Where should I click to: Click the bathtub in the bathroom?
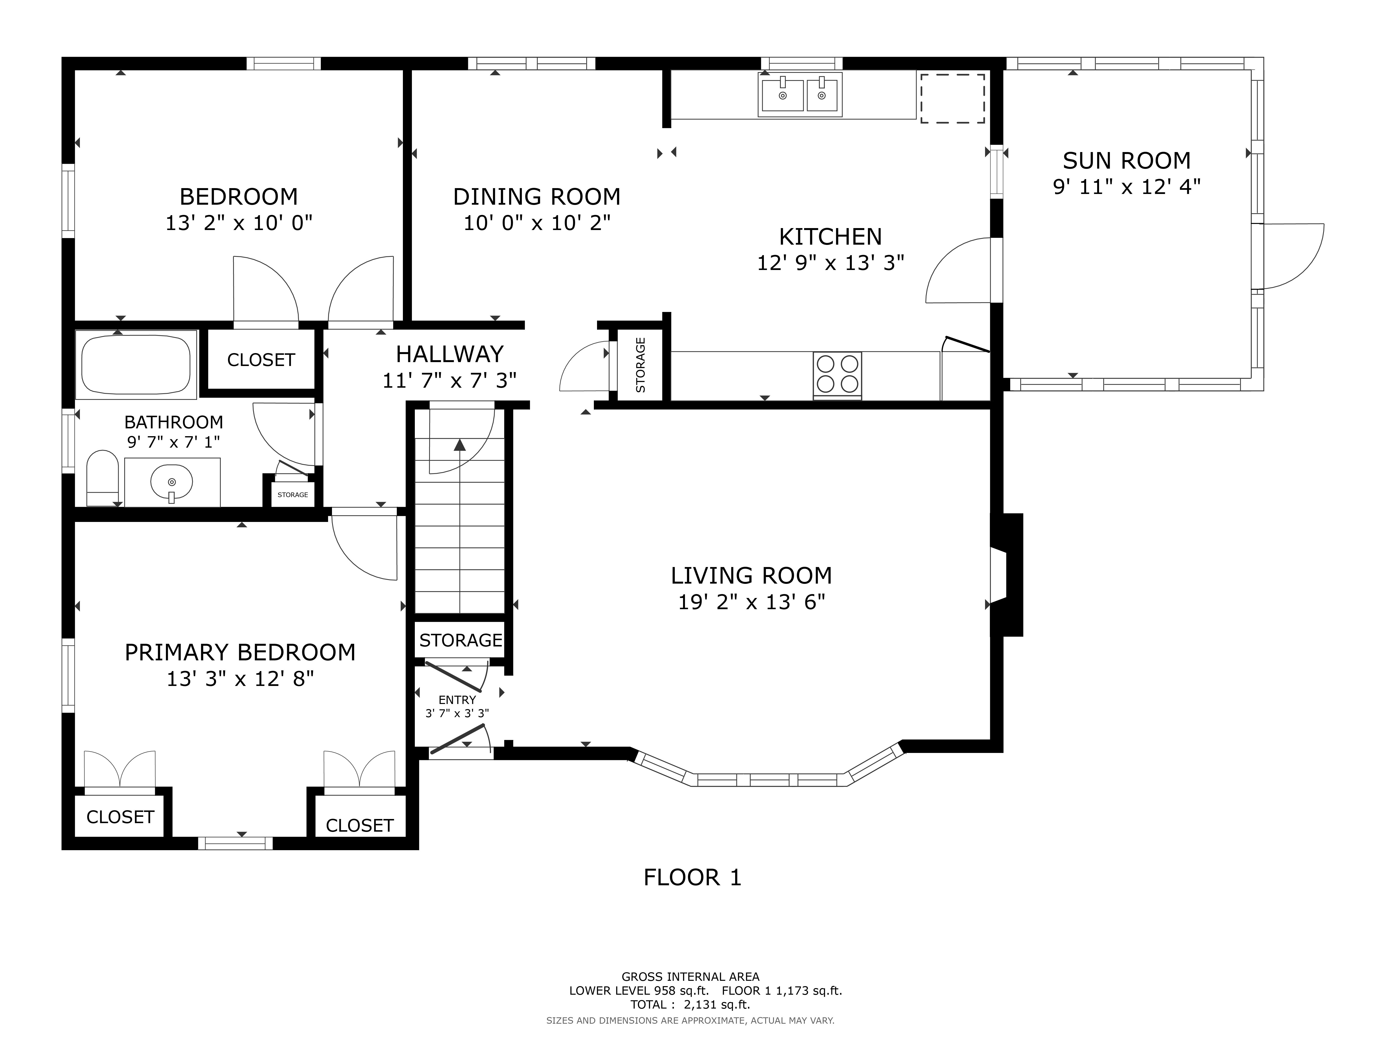pos(136,364)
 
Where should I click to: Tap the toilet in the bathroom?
pos(102,478)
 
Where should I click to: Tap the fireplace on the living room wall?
pos(1006,575)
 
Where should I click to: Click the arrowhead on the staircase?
pos(460,445)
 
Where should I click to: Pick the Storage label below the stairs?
pos(461,640)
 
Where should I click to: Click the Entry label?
pos(457,700)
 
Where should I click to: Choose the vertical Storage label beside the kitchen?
pos(640,365)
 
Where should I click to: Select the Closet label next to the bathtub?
pos(261,360)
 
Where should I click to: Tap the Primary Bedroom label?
pos(240,653)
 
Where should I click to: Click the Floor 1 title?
pos(692,877)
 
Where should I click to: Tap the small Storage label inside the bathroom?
pos(293,495)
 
